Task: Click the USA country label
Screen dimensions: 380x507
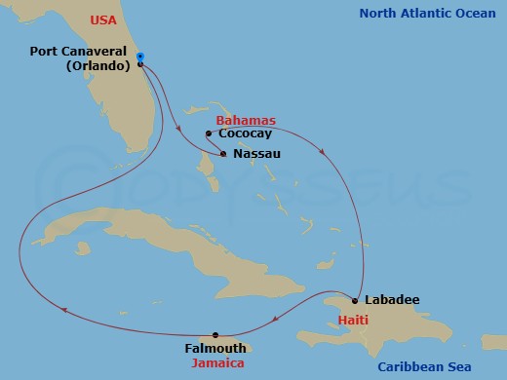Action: [102, 19]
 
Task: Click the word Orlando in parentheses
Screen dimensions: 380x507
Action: [97, 67]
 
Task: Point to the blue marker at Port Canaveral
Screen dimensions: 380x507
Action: [140, 57]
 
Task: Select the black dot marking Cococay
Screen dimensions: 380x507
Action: [209, 134]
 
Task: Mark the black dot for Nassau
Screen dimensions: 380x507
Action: [224, 153]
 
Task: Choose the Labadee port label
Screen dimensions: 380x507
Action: [392, 299]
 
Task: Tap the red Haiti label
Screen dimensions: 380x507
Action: [352, 320]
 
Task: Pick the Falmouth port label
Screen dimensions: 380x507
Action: [214, 348]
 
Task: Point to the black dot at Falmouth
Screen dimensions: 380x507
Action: [215, 334]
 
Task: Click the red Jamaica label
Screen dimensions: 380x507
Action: [217, 362]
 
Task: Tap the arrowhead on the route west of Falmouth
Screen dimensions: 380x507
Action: [64, 311]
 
